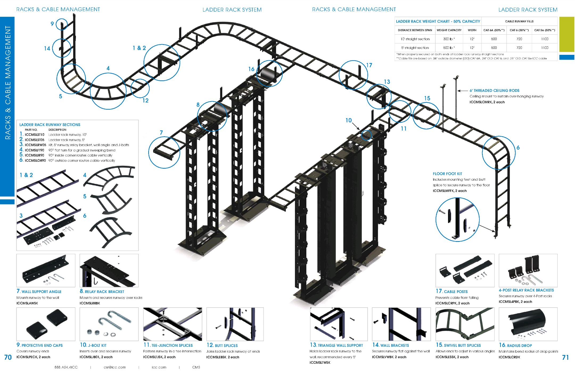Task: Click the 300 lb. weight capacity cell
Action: click(x=449, y=39)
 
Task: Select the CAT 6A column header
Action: click(x=494, y=30)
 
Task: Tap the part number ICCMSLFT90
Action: click(x=34, y=150)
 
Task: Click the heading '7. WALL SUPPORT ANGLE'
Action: click(x=39, y=292)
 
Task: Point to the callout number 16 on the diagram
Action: click(x=251, y=69)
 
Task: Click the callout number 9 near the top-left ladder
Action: click(x=52, y=24)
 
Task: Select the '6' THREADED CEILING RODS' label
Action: click(x=494, y=91)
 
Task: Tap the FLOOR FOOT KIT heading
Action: click(x=447, y=174)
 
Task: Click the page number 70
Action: click(x=8, y=357)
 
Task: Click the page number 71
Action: click(x=565, y=357)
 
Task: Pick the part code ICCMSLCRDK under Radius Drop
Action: click(x=509, y=357)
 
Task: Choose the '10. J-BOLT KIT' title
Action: click(x=93, y=345)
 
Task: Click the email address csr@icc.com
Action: click(x=115, y=367)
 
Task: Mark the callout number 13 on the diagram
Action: click(x=387, y=82)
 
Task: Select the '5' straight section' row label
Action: click(x=415, y=48)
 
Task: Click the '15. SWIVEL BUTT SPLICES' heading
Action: click(x=458, y=345)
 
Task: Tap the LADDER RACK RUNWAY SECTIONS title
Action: click(x=50, y=125)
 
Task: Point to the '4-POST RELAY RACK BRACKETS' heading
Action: click(x=526, y=290)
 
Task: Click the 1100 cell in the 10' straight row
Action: click(x=545, y=39)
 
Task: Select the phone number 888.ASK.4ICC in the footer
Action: click(x=66, y=367)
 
